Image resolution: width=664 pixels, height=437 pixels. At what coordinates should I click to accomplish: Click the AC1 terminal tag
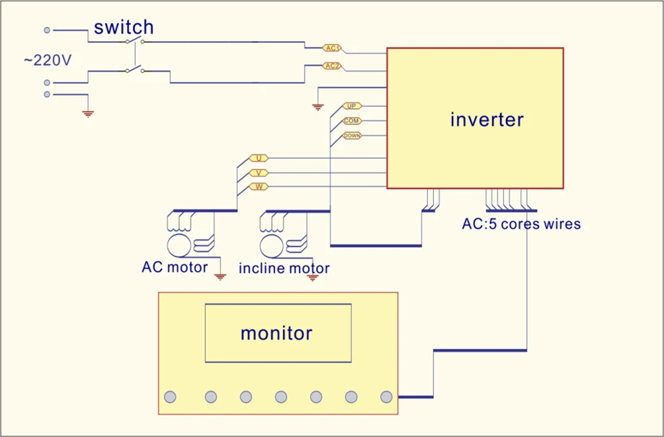pos(332,48)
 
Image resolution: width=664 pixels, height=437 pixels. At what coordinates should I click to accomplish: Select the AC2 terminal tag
pos(332,66)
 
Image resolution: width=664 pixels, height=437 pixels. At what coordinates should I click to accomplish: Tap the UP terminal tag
pos(352,106)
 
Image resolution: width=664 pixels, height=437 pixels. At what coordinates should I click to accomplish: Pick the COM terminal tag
pos(352,121)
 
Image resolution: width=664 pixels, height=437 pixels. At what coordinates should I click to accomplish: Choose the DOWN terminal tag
pos(352,136)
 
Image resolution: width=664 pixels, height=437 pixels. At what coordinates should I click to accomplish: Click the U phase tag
pos(258,158)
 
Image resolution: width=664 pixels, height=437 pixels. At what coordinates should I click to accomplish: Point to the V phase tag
pos(258,173)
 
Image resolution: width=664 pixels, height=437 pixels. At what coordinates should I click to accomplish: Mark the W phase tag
pos(258,187)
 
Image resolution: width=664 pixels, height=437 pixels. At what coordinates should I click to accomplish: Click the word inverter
pos(486,119)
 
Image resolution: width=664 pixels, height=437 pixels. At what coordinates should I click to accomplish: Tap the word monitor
pos(276,333)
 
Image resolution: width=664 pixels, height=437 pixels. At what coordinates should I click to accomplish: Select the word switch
pos(123,27)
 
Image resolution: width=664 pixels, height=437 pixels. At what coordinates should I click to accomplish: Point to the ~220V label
pos(48,61)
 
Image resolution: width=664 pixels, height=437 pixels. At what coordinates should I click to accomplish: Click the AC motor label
pos(175,268)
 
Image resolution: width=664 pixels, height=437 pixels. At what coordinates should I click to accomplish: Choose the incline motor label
pos(284,268)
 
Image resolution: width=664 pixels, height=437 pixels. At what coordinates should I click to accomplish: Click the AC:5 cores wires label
pos(521,224)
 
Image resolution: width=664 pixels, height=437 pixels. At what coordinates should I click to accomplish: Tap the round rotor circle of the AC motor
pos(179,246)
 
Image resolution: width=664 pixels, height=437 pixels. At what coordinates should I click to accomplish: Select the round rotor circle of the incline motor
pos(272,246)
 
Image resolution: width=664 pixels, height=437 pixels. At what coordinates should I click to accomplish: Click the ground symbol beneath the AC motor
pos(220,277)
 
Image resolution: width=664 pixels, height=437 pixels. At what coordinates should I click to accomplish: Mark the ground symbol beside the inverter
pos(318,107)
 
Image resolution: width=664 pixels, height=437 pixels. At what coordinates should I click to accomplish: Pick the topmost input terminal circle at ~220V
pos(47,30)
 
